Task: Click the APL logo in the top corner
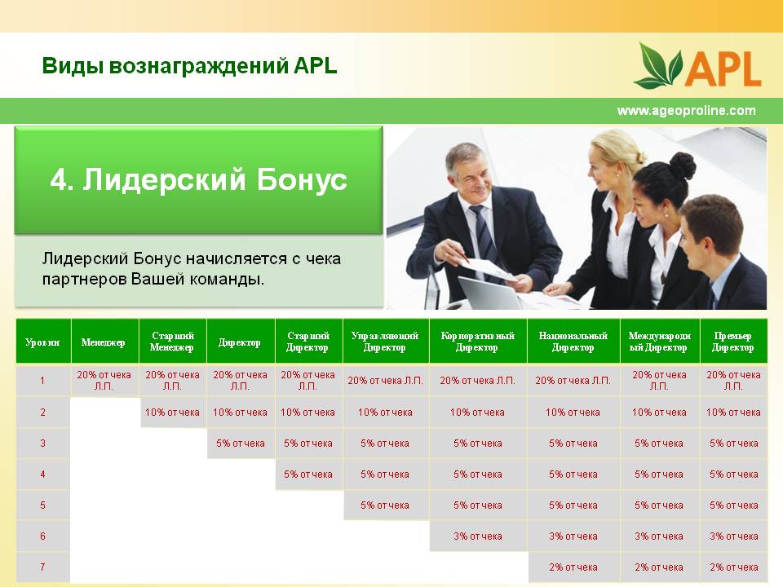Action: tap(697, 65)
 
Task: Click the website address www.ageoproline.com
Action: tap(686, 110)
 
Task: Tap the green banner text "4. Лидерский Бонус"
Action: tap(198, 179)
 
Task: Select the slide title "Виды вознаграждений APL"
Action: tap(189, 66)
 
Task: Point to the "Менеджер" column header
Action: tap(104, 342)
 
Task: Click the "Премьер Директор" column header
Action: tap(732, 342)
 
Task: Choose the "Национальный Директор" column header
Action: tap(573, 342)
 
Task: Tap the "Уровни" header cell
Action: tap(42, 342)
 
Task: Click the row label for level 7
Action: tap(42, 567)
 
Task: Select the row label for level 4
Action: tap(42, 474)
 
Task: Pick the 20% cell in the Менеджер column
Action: tap(104, 381)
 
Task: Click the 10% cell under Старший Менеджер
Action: tap(172, 413)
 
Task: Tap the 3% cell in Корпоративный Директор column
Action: tap(478, 536)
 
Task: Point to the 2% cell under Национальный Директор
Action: tap(573, 567)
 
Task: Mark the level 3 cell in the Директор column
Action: tap(240, 444)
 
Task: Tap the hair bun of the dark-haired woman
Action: tap(682, 166)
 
